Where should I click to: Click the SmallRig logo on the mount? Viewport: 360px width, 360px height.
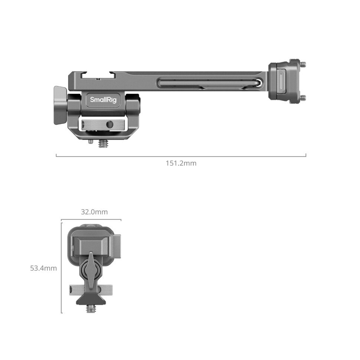click(101, 100)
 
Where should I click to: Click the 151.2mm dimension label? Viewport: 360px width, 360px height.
click(181, 163)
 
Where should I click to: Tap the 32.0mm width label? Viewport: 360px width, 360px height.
click(94, 212)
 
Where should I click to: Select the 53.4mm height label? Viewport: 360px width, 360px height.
click(43, 268)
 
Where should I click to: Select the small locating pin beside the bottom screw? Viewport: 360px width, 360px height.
click(90, 141)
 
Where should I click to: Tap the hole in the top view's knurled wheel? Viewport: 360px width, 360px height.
click(109, 124)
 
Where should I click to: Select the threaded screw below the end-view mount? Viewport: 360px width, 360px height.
click(91, 308)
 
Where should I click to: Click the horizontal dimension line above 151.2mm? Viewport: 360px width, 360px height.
click(181, 156)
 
